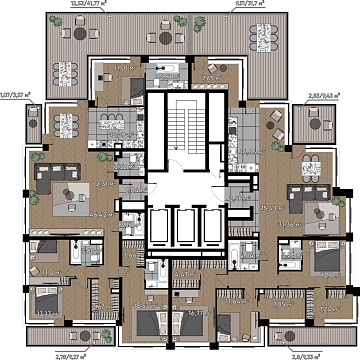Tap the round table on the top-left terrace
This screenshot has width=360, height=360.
point(163,38)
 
